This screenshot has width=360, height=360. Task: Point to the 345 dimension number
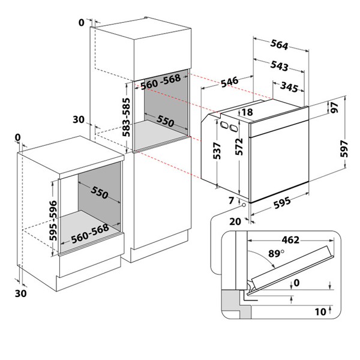pyautogui.click(x=289, y=88)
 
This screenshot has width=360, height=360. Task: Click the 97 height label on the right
pyautogui.click(x=335, y=108)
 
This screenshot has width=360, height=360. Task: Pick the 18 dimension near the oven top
pyautogui.click(x=248, y=112)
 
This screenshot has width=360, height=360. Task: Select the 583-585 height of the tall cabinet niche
pyautogui.click(x=127, y=118)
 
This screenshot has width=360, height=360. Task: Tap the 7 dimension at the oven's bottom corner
pyautogui.click(x=231, y=199)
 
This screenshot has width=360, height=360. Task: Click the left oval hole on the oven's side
pyautogui.click(x=223, y=125)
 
